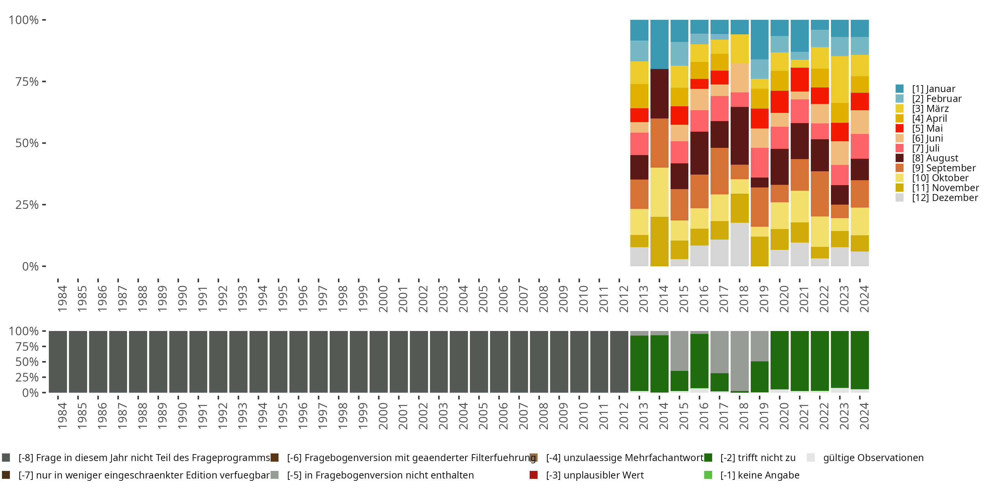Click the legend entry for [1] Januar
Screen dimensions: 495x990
[933, 89]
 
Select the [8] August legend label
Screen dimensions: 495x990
[935, 158]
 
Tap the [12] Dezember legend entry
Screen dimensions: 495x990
[945, 198]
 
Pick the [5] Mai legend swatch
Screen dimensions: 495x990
[899, 128]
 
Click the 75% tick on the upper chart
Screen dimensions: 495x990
[27, 82]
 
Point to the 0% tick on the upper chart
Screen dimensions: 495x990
[30, 266]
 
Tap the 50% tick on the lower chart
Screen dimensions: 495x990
[27, 362]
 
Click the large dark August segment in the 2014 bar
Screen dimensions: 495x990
[659, 93]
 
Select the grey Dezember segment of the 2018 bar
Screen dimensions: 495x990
[740, 245]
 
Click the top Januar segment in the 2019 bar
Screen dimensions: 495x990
[759, 40]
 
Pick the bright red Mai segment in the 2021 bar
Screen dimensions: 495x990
[800, 80]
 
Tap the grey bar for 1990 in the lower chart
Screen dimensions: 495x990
[178, 362]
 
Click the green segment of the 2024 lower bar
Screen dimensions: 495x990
[860, 360]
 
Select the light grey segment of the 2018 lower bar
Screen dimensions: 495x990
[740, 360]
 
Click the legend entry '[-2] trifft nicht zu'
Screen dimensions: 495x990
[757, 458]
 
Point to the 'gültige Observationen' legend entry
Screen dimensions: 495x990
[873, 458]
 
